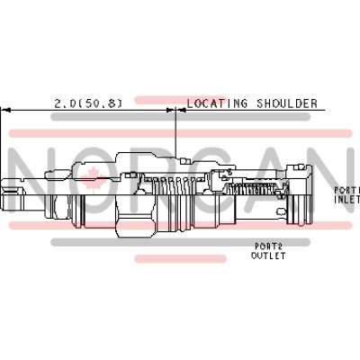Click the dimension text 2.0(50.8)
(x=88, y=103)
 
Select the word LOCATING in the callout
(x=214, y=103)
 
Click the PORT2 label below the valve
(x=267, y=247)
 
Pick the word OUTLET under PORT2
(x=268, y=256)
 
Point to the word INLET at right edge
(x=346, y=200)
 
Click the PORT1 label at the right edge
(x=346, y=190)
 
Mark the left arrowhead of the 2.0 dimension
(x=4, y=111)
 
